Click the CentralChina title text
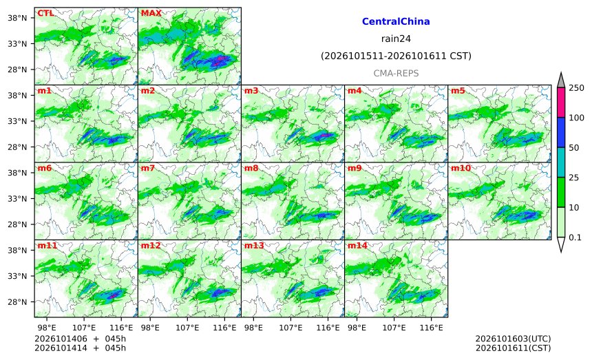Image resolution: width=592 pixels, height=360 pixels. pos(396,21)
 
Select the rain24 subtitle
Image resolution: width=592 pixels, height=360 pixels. pos(396,39)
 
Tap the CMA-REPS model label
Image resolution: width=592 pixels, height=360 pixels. pos(396,73)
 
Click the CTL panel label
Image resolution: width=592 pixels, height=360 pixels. pos(45,13)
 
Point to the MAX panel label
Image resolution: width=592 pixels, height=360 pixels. pos(151,13)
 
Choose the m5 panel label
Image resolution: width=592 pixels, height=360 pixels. pos(458,91)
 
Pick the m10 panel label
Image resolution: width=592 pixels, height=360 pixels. pos(461,168)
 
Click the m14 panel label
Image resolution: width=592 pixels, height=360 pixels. pos(357,245)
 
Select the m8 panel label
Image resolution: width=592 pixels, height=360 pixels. pos(251,168)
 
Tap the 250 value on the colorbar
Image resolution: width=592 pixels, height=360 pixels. pos(576,88)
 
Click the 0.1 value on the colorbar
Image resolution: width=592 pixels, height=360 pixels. pos(575,237)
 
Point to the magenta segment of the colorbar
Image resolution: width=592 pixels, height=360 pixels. pos(561,103)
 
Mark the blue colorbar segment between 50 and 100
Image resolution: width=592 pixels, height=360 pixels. pos(561,132)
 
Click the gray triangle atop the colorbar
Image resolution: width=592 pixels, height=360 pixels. pos(561,81)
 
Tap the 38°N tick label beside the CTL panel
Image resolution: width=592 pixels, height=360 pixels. pos(17,18)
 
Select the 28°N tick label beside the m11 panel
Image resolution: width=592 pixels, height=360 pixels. pos(17,302)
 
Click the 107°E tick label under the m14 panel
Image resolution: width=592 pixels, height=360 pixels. pos(394,328)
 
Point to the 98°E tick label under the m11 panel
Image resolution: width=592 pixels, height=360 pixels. pos(46,328)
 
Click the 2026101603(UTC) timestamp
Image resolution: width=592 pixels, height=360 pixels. pos(513,339)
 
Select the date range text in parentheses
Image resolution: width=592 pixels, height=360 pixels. pos(396,56)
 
